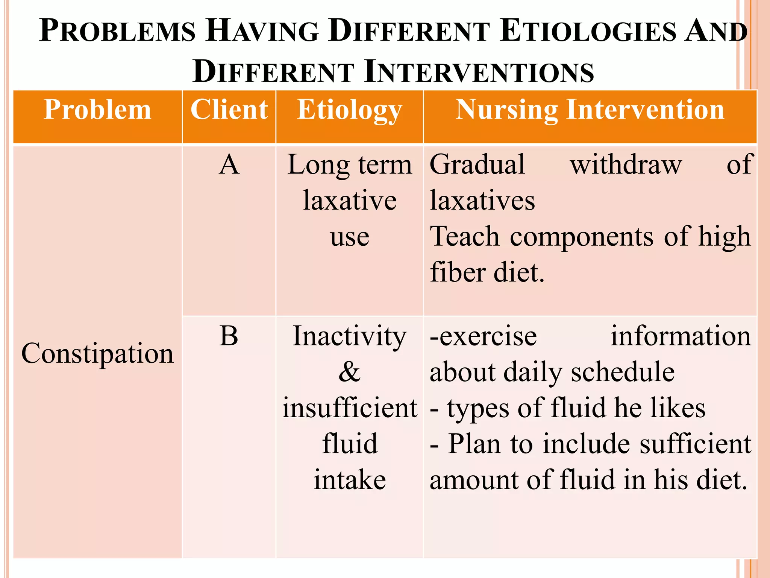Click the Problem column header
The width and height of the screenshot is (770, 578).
(97, 110)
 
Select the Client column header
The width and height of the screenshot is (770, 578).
(229, 110)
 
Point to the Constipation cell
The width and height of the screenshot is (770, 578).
(97, 353)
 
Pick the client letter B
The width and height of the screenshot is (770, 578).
(229, 336)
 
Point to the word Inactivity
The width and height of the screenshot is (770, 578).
(349, 336)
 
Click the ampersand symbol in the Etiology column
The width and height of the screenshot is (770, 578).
(349, 372)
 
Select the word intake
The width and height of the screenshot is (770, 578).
(350, 480)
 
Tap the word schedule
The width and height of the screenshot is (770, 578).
(623, 372)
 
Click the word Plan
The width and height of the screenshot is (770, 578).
(475, 444)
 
